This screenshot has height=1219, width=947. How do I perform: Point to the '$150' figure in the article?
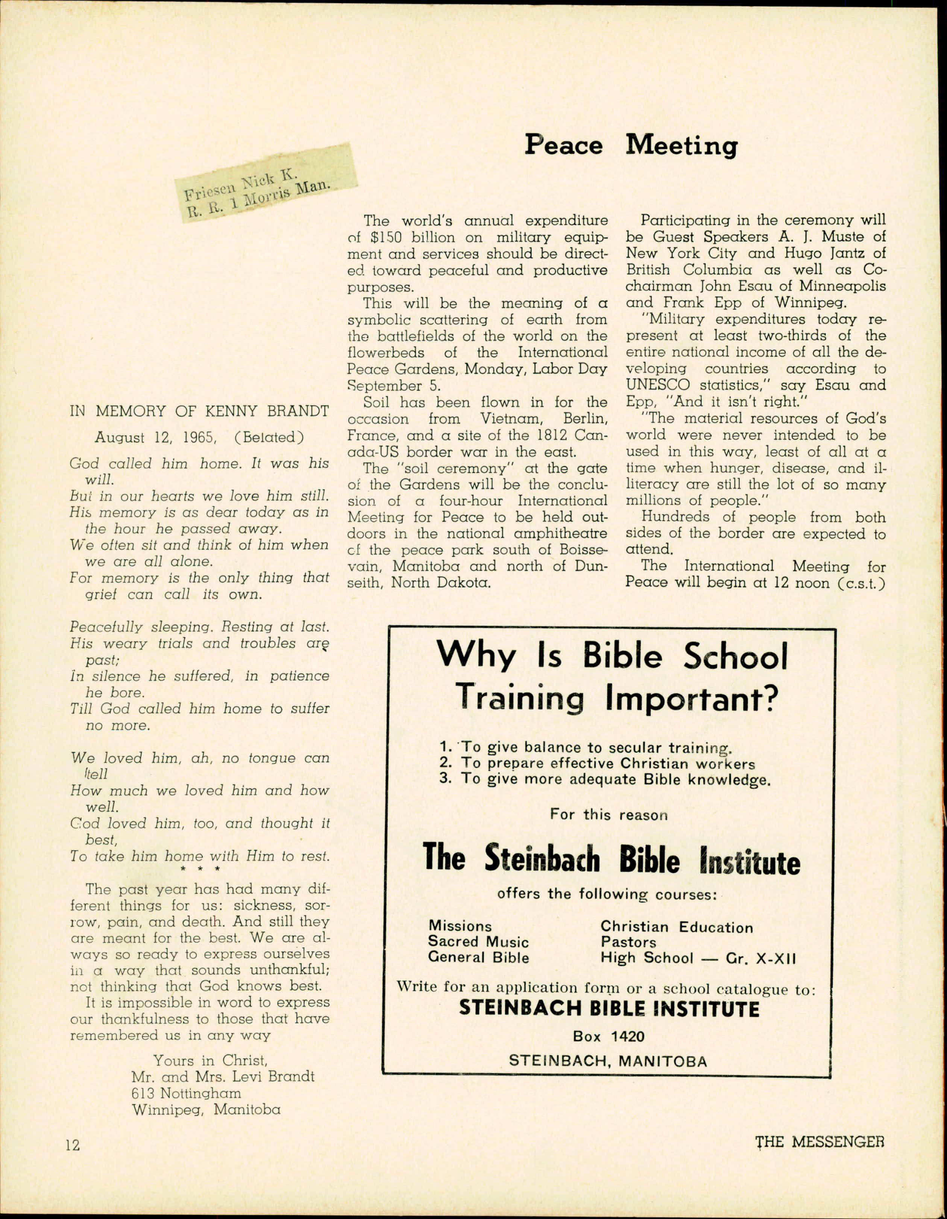click(x=385, y=238)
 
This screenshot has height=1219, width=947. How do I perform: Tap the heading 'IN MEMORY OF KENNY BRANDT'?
click(x=199, y=411)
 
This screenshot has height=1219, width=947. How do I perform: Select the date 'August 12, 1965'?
click(x=155, y=437)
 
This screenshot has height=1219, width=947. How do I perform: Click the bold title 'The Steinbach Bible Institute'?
click(x=611, y=860)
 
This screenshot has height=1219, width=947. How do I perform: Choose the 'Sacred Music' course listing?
click(x=478, y=942)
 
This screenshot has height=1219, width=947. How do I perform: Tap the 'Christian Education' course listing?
click(x=676, y=927)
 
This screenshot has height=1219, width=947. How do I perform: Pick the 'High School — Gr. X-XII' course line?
click(x=698, y=958)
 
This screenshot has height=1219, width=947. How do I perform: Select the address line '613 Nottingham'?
click(x=187, y=1093)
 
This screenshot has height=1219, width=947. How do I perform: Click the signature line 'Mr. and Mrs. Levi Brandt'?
click(x=223, y=1076)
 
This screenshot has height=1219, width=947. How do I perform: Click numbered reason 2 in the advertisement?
click(x=597, y=763)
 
